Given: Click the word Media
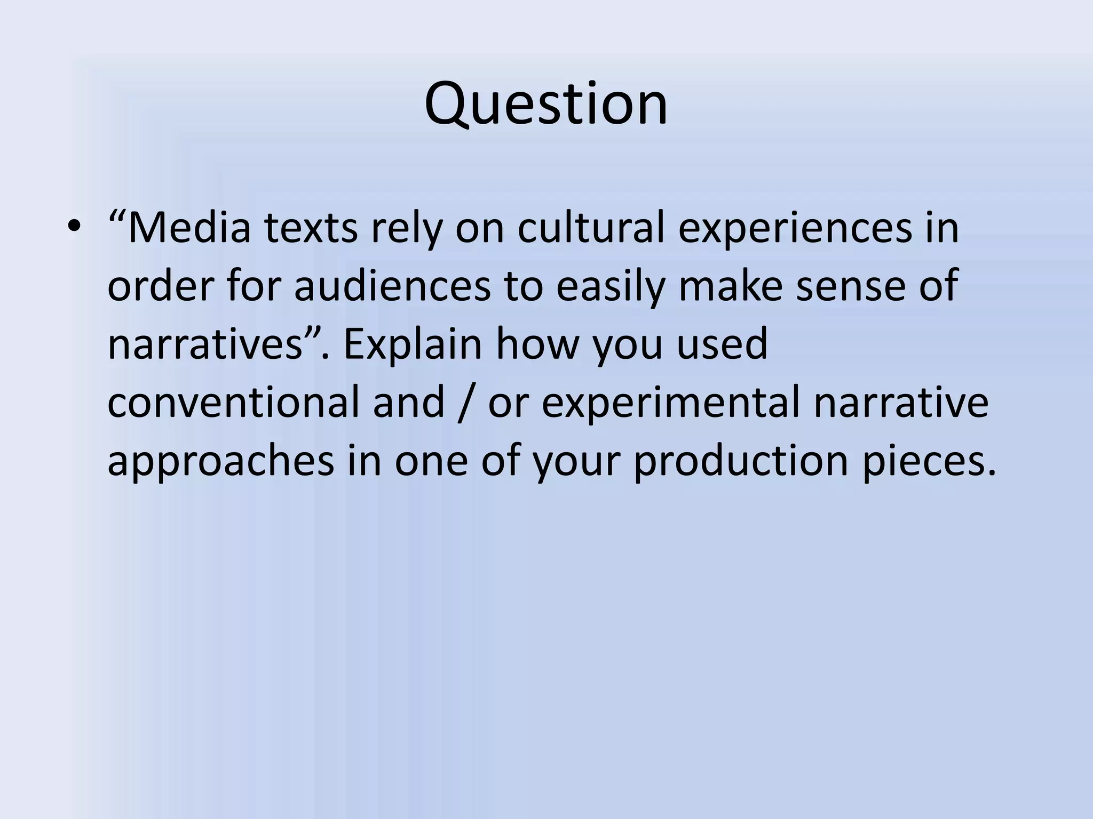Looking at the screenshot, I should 189,228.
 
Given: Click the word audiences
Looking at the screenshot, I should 392,286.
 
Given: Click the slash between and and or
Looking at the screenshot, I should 466,403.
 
